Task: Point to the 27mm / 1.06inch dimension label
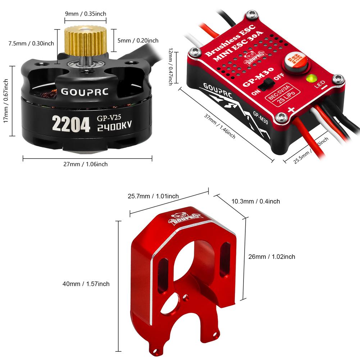pyautogui.click(x=86, y=164)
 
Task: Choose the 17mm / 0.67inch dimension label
pyautogui.click(x=6, y=101)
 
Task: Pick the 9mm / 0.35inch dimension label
pyautogui.click(x=85, y=14)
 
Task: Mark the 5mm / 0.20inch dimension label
pyautogui.click(x=138, y=40)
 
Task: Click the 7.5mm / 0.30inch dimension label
pyautogui.click(x=31, y=44)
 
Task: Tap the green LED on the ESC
pyautogui.click(x=310, y=78)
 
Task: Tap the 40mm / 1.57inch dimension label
pyautogui.click(x=86, y=284)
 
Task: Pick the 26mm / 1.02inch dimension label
pyautogui.click(x=272, y=256)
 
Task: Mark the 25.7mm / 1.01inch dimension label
pyautogui.click(x=153, y=196)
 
